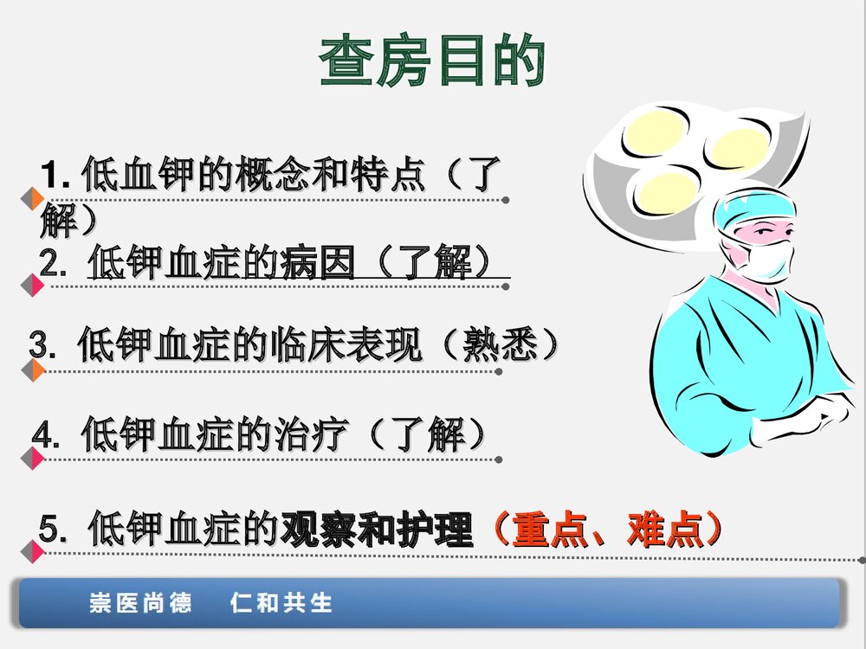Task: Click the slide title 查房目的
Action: click(x=432, y=61)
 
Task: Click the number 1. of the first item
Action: click(x=59, y=177)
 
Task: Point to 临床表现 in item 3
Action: click(x=351, y=345)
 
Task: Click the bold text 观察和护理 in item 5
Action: click(x=377, y=530)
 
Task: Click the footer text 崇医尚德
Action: click(x=141, y=602)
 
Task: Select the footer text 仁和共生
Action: click(x=282, y=602)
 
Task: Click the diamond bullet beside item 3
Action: click(x=34, y=371)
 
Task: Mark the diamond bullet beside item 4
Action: click(x=34, y=459)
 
